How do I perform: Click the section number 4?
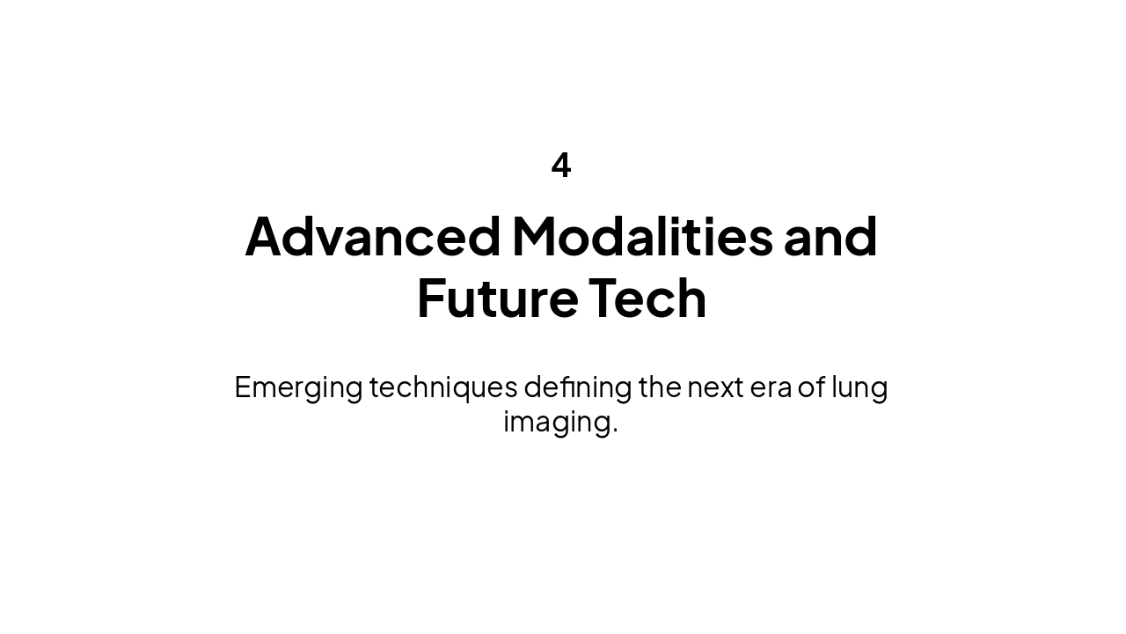561,166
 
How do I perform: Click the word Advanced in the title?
372,236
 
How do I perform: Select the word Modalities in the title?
642,236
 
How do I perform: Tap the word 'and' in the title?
830,236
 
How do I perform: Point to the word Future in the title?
497,298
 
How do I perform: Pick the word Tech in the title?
647,298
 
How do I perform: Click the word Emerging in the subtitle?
298,387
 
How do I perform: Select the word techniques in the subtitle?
443,387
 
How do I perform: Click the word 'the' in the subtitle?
660,387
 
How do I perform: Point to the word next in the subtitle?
715,387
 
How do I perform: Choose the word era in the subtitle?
771,387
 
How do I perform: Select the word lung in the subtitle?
859,387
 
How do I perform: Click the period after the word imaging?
615,430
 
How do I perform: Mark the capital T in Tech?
604,298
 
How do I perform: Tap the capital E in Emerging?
243,387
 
